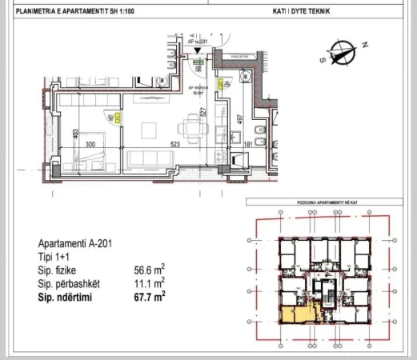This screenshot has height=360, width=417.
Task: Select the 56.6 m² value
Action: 150,270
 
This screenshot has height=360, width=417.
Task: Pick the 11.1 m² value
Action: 150,283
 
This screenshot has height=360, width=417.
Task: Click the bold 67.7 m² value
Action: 150,296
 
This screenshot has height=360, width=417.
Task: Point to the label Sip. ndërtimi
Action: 67,296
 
